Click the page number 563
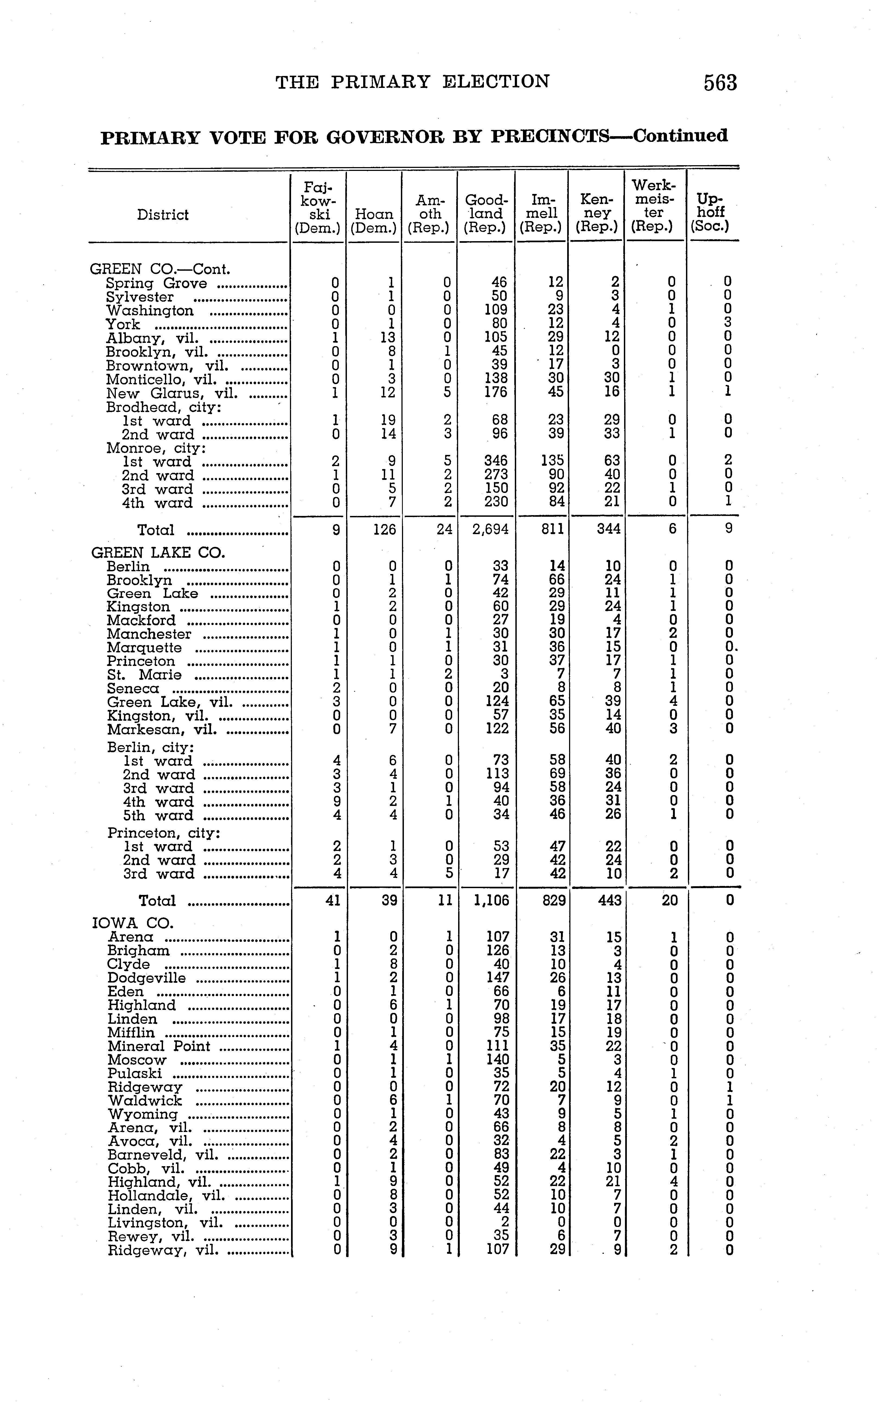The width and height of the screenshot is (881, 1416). [x=720, y=83]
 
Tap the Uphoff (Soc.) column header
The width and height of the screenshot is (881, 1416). [x=710, y=213]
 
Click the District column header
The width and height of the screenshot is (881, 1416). [x=162, y=215]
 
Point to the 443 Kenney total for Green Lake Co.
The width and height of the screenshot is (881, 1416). [x=609, y=900]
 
